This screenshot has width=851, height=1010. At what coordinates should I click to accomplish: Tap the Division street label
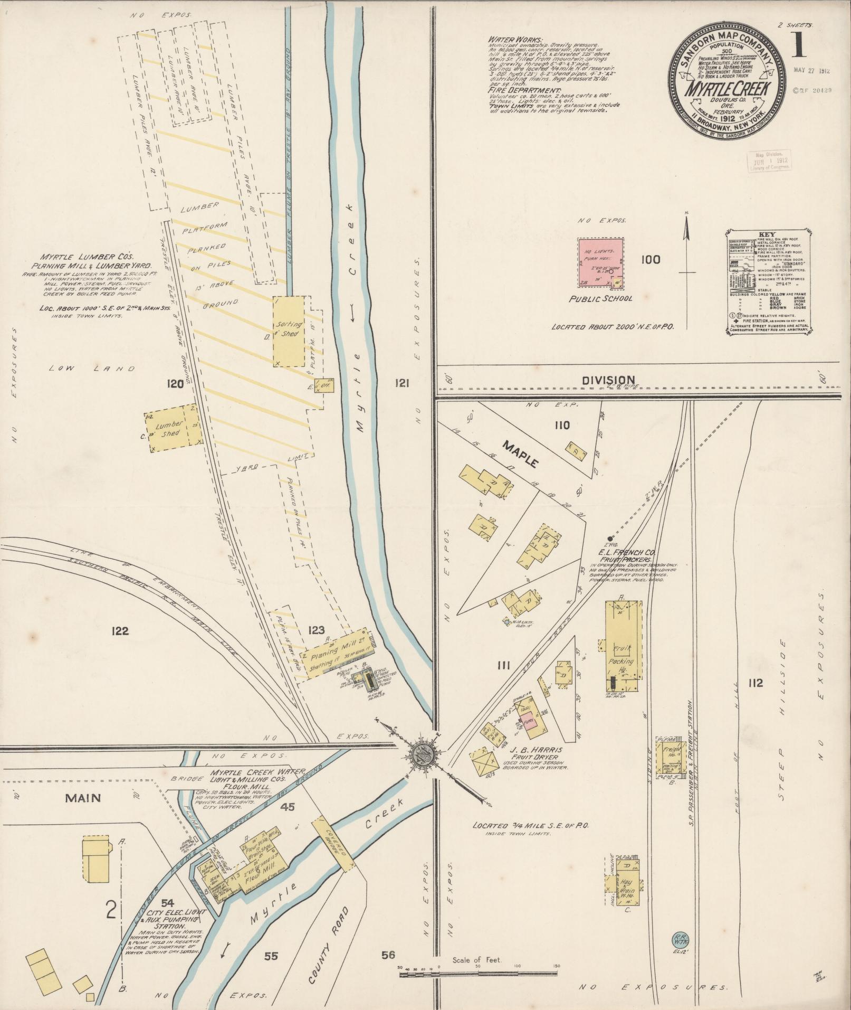608,380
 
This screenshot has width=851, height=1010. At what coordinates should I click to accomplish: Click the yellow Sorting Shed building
289,331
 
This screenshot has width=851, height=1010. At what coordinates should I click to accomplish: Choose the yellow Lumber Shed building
173,428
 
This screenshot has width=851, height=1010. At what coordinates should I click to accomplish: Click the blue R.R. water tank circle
678,938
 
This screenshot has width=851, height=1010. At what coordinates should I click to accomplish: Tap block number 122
121,630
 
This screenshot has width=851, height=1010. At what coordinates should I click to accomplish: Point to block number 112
755,683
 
